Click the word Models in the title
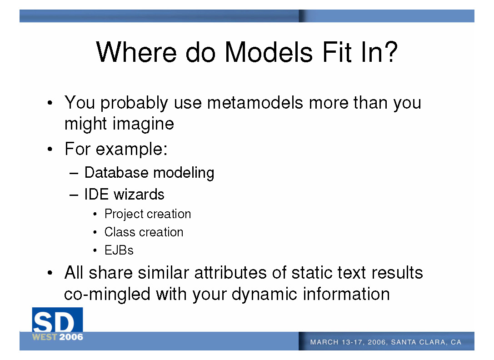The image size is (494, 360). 269,52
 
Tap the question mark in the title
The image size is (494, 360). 391,51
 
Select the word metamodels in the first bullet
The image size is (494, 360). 255,103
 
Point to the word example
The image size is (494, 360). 131,149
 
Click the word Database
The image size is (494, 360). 116,173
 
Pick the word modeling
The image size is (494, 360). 184,173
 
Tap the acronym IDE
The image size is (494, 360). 96,194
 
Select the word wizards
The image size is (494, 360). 139,194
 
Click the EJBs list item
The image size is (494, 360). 119,250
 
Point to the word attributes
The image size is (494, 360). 230,273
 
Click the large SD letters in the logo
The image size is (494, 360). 54,322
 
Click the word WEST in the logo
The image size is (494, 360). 45,337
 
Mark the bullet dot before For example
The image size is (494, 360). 50,149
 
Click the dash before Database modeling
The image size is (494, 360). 74,174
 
